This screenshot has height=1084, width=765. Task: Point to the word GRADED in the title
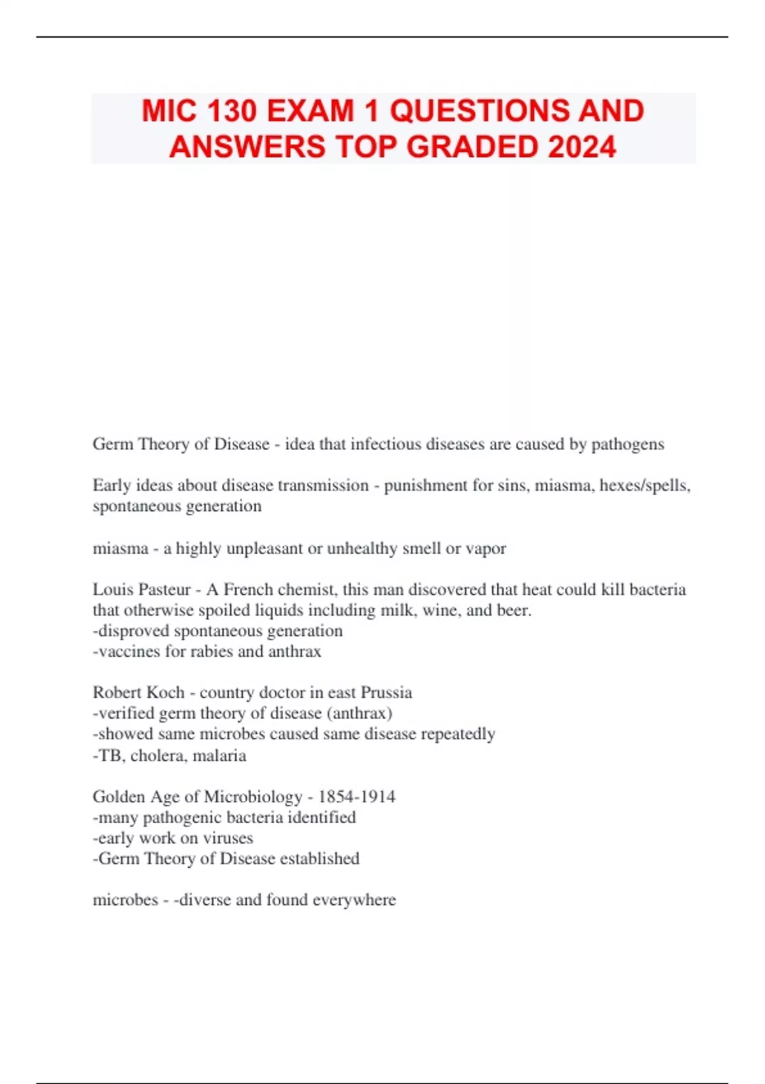coord(473,147)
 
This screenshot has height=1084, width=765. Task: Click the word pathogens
coord(627,444)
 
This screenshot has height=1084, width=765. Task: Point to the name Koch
coord(168,693)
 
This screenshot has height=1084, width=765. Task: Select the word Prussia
coord(386,693)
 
